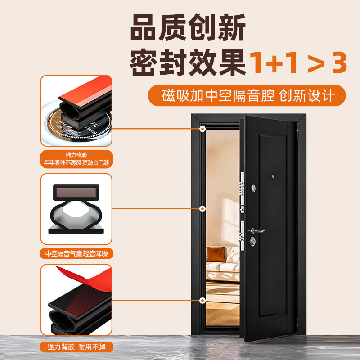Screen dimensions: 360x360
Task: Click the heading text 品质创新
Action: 188,29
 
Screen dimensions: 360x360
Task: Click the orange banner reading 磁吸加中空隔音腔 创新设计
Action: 247,96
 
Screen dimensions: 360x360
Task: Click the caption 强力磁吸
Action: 76,155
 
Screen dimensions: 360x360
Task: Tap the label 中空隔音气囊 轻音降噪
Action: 76,253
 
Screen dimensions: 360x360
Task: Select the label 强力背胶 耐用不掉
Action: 76,347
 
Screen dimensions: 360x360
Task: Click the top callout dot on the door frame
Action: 203,129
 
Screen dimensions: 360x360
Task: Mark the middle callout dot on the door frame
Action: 203,209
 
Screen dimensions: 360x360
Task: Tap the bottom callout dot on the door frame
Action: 203,300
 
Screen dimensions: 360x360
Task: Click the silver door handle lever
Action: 257,231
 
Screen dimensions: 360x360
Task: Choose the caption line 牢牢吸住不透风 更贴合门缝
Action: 76,162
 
